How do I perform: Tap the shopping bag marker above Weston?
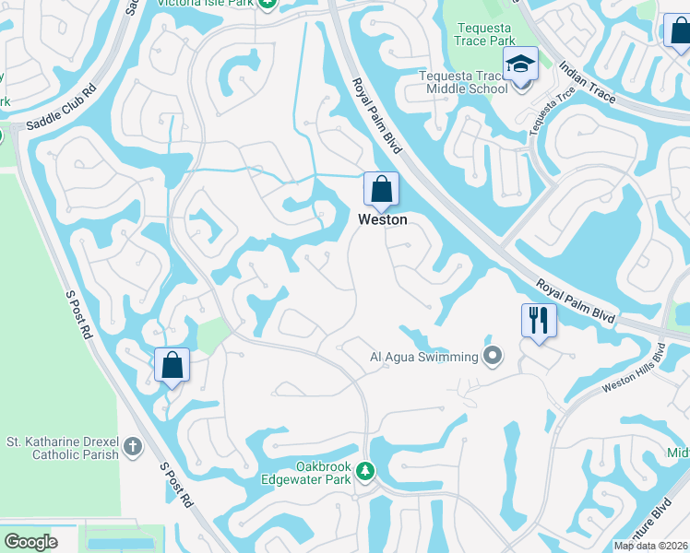coord(381,191)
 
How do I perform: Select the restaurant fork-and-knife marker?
coord(539,321)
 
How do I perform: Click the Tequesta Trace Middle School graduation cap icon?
coord(519,65)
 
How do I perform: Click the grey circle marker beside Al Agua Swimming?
coord(493,356)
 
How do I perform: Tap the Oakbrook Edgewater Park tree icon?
coord(365,472)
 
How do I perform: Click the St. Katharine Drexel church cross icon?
coord(133,448)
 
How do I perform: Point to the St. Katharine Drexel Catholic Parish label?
coord(63,448)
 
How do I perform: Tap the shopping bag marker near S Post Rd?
coord(172,366)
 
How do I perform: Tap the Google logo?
coord(30,542)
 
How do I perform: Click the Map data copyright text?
coord(651,546)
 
